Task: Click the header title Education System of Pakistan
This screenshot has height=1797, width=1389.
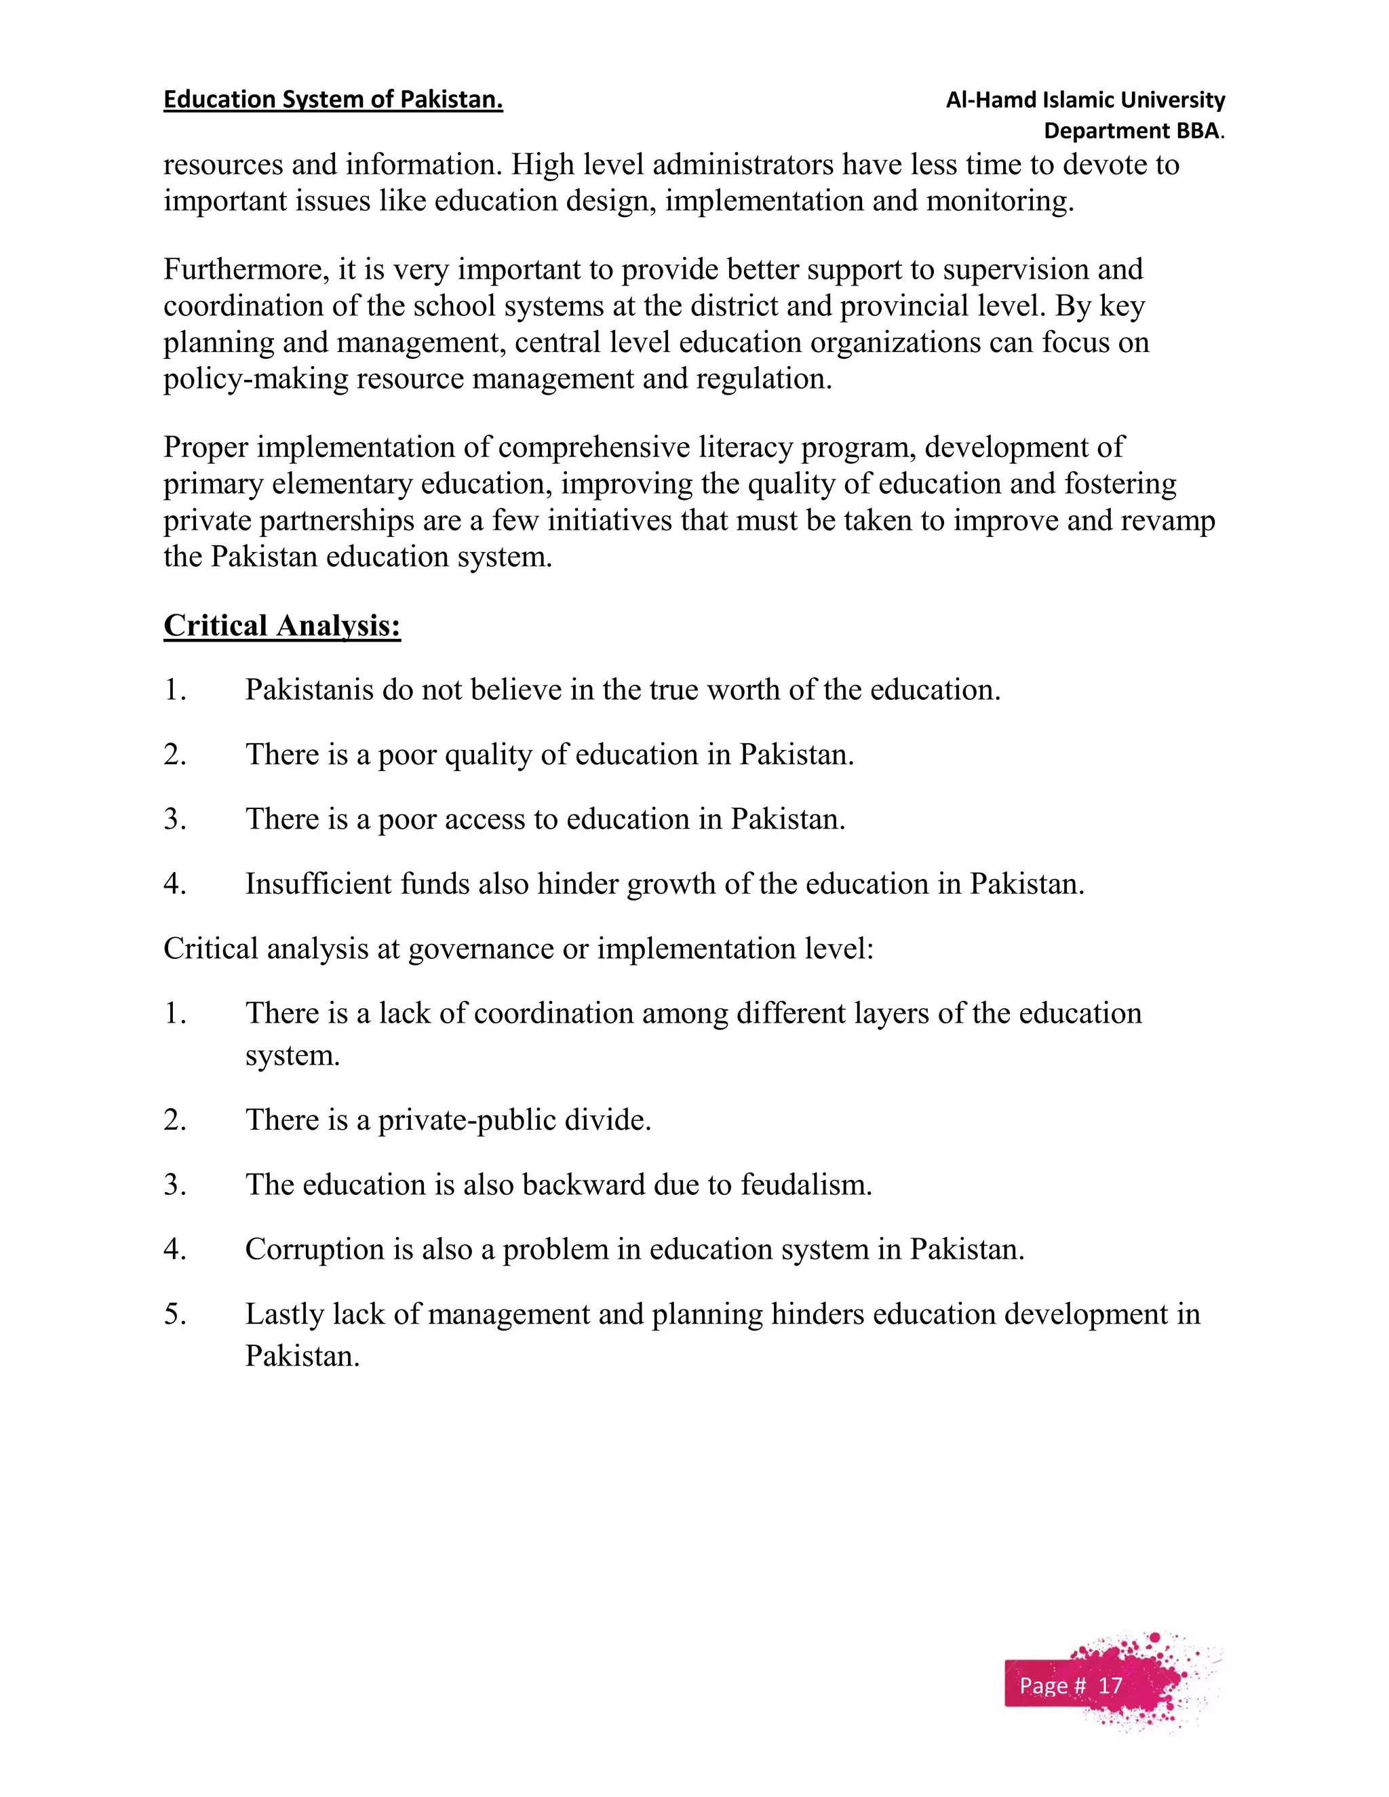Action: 332,100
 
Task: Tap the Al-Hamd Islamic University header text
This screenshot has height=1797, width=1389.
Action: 1084,100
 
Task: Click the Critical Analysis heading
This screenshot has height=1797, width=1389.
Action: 282,625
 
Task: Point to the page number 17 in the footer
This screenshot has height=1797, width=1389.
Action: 1110,1686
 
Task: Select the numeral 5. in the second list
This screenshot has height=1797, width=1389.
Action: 174,1314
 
